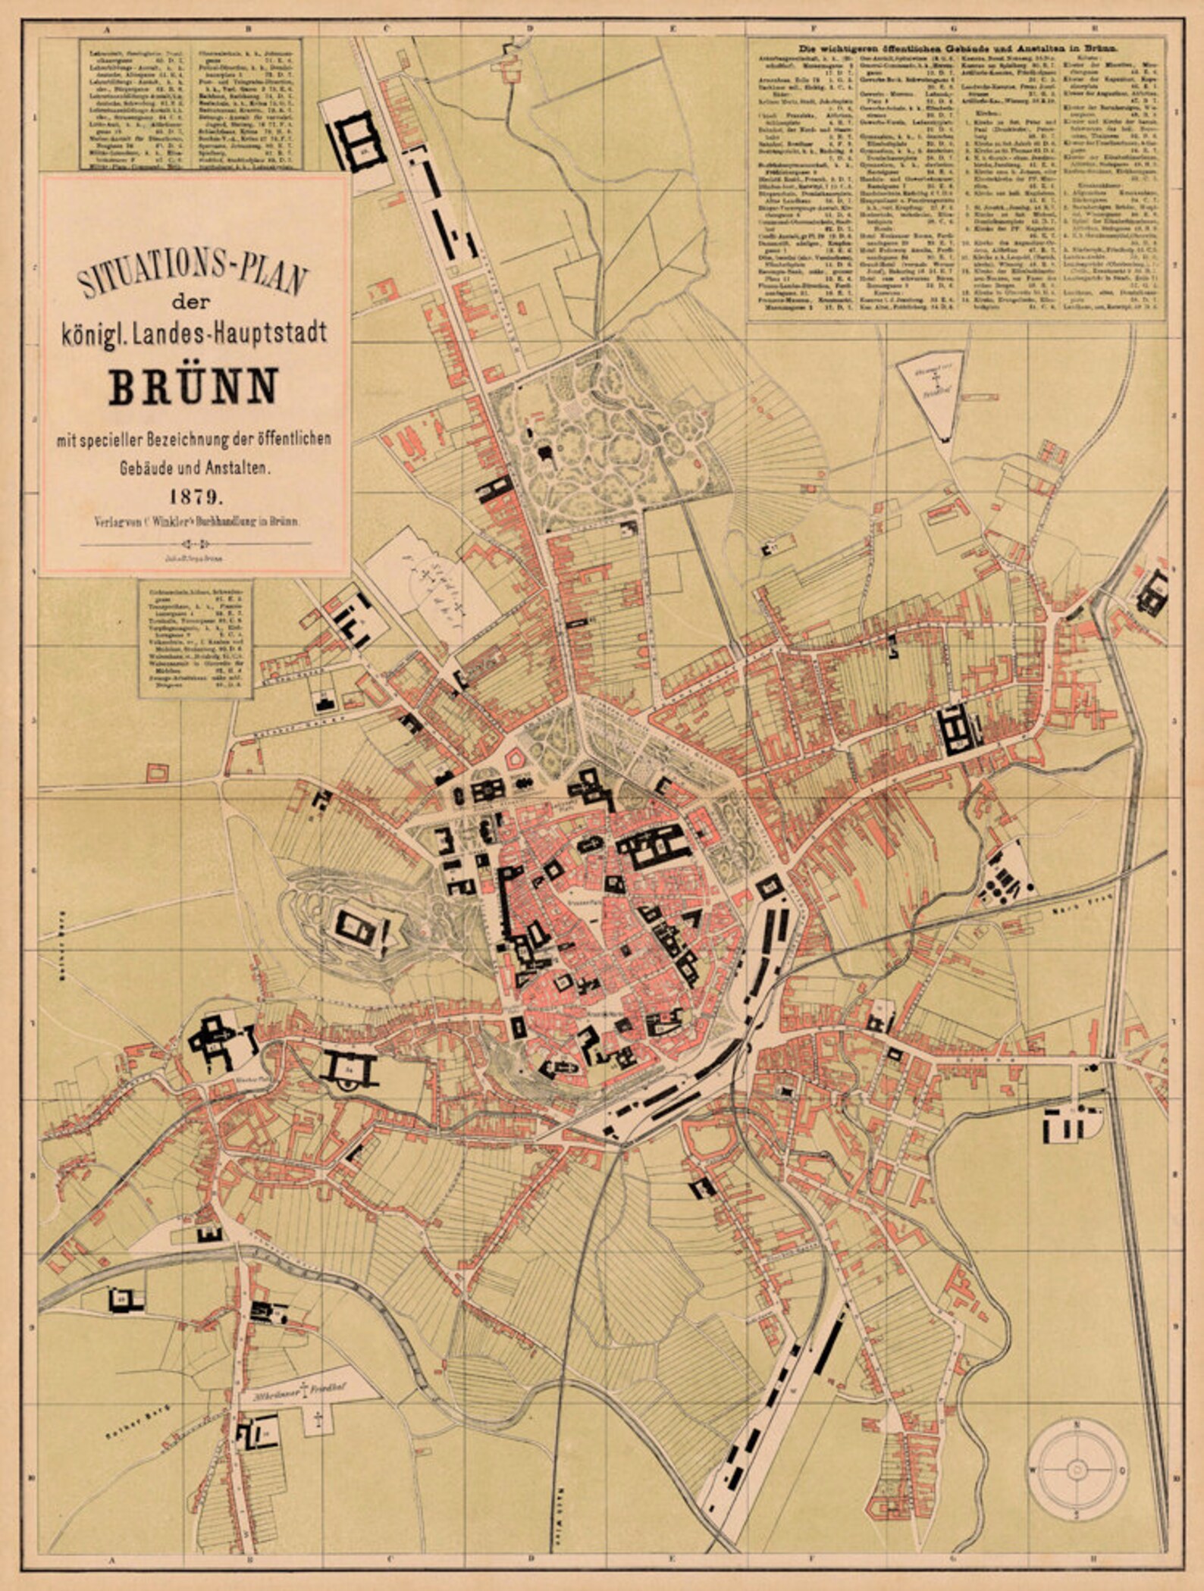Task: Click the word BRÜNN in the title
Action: [x=194, y=386]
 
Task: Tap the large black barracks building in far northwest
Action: [x=358, y=141]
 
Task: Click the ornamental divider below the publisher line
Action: [x=195, y=543]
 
